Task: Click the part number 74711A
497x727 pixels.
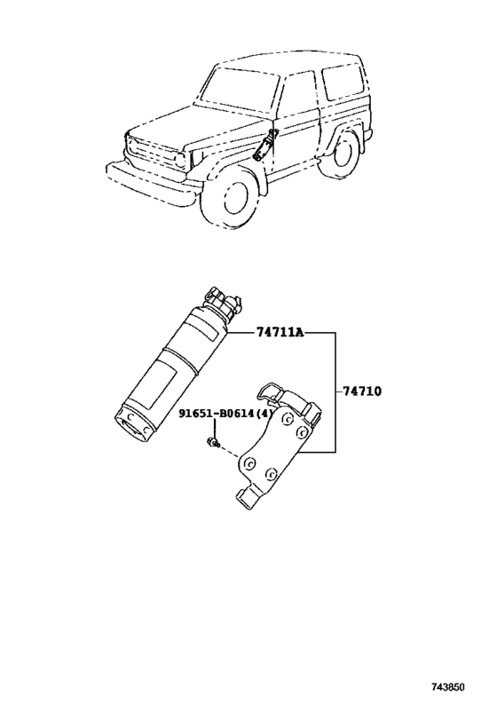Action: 279,333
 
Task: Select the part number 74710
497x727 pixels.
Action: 362,391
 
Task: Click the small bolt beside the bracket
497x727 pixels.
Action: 213,442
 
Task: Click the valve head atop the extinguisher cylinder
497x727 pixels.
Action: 222,303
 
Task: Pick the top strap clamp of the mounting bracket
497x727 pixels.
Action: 288,399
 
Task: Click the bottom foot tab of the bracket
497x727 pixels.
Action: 248,497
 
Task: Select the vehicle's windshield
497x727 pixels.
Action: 239,89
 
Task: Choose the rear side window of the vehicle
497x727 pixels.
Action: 343,83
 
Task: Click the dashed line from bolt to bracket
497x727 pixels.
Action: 229,452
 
